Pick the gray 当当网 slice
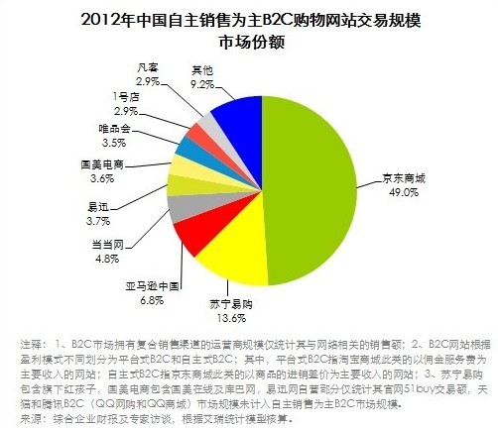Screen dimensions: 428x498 [x=182, y=208]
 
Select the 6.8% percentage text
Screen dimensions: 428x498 [x=152, y=297]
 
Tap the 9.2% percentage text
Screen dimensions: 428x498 [x=200, y=84]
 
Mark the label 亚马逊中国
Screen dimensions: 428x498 [x=152, y=284]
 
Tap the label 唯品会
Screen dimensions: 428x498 [x=113, y=129]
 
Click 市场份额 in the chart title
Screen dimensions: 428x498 [x=248, y=42]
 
